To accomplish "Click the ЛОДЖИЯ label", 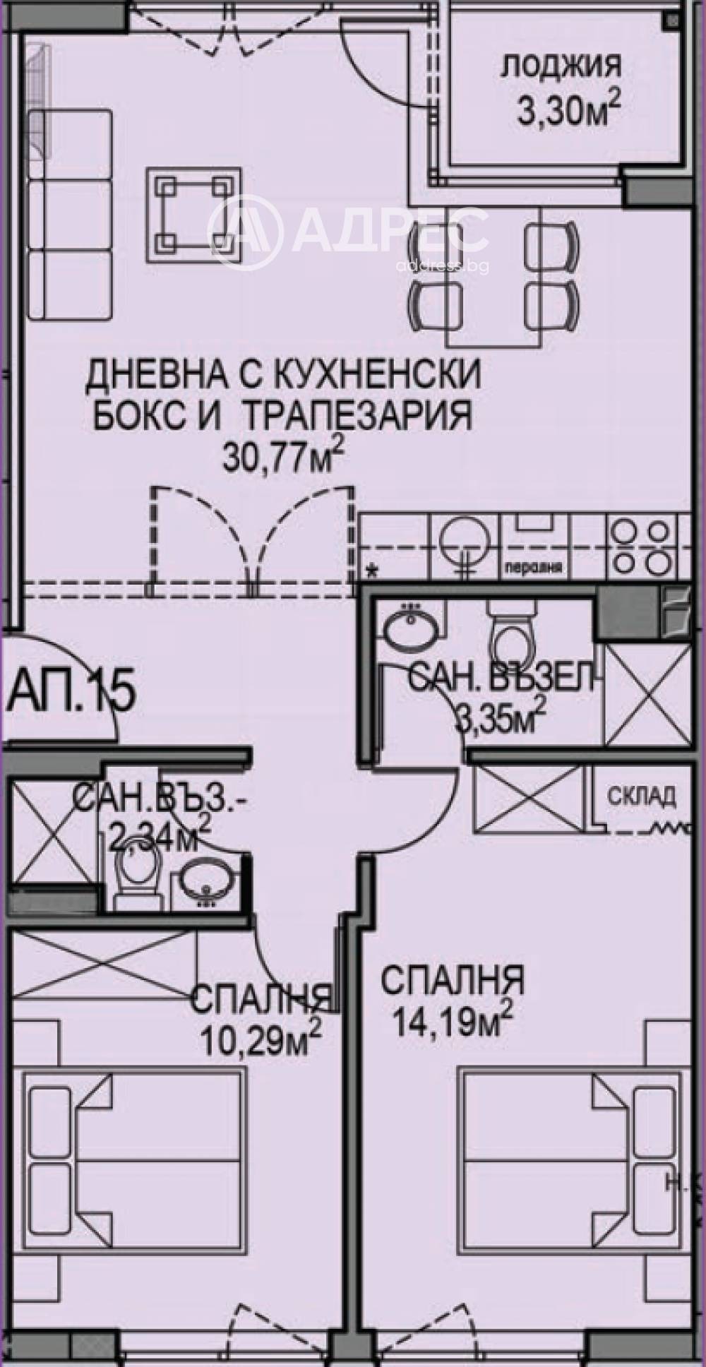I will point(561,67).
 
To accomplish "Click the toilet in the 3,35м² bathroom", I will point(508,639).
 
